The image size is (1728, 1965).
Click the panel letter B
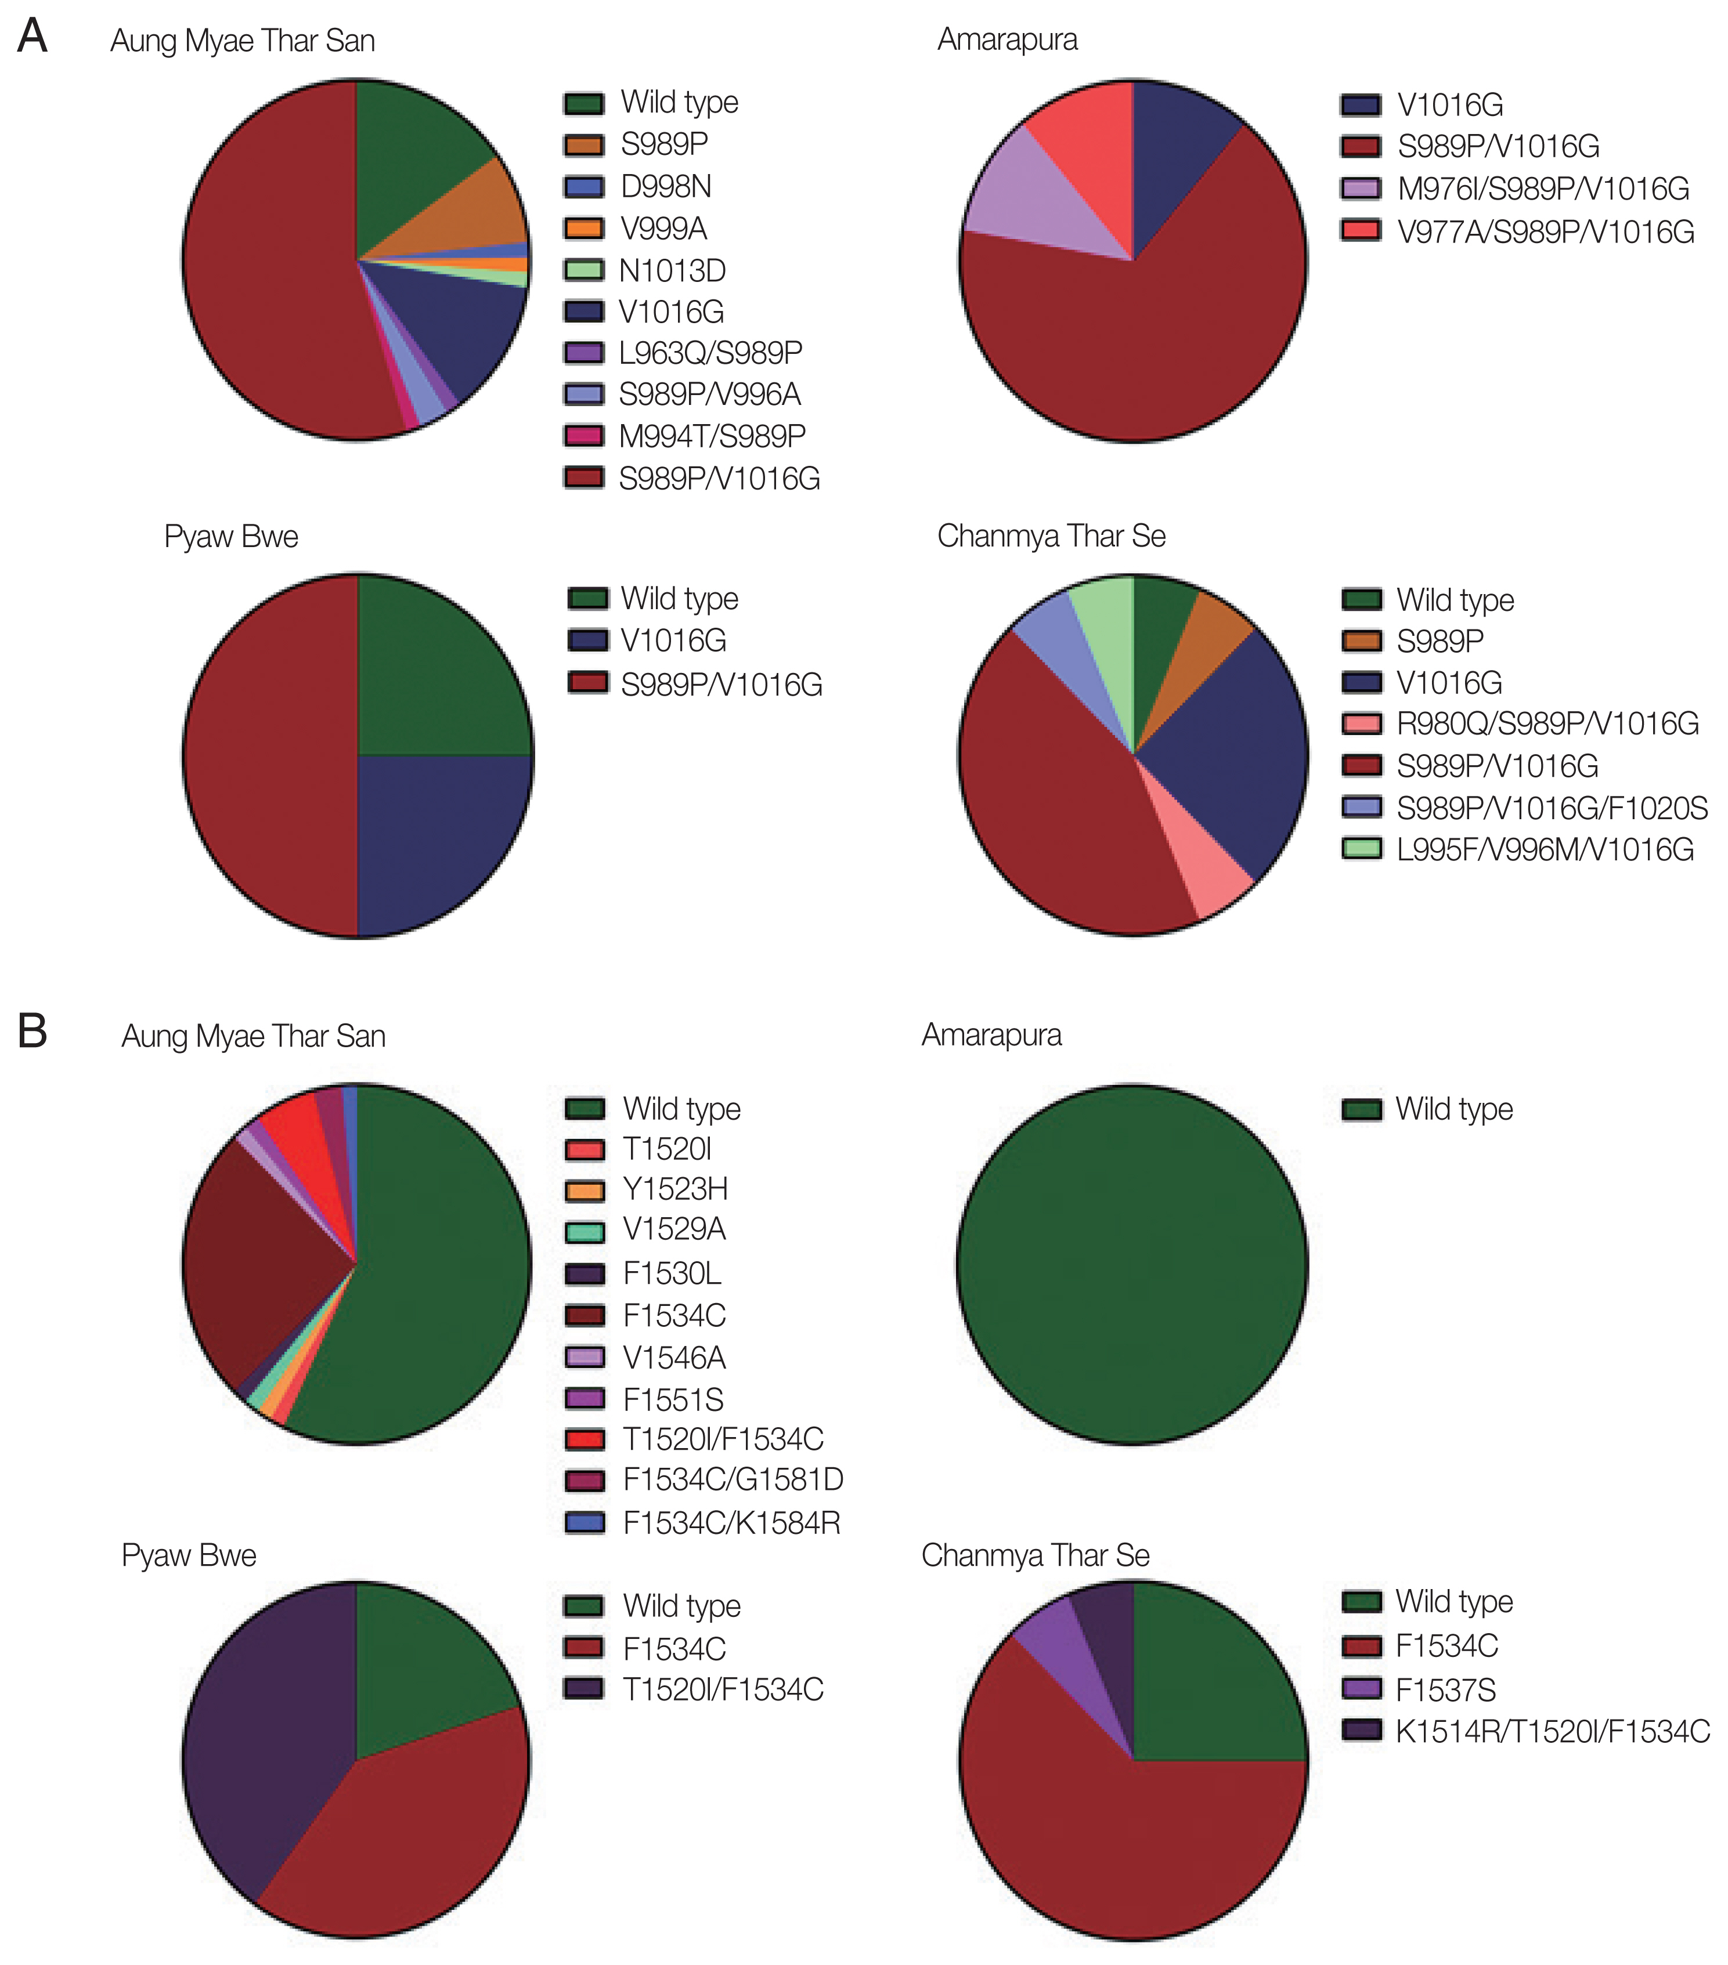pos(32,1032)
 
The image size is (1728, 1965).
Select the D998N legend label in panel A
pos(665,186)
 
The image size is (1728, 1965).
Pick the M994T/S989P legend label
pos(712,436)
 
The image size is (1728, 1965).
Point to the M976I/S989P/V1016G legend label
pos(1542,189)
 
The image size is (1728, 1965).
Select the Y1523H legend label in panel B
pos(675,1189)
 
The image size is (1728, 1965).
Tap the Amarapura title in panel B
pos(991,1036)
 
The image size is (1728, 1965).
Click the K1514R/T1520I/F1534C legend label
pos(1552,1731)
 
